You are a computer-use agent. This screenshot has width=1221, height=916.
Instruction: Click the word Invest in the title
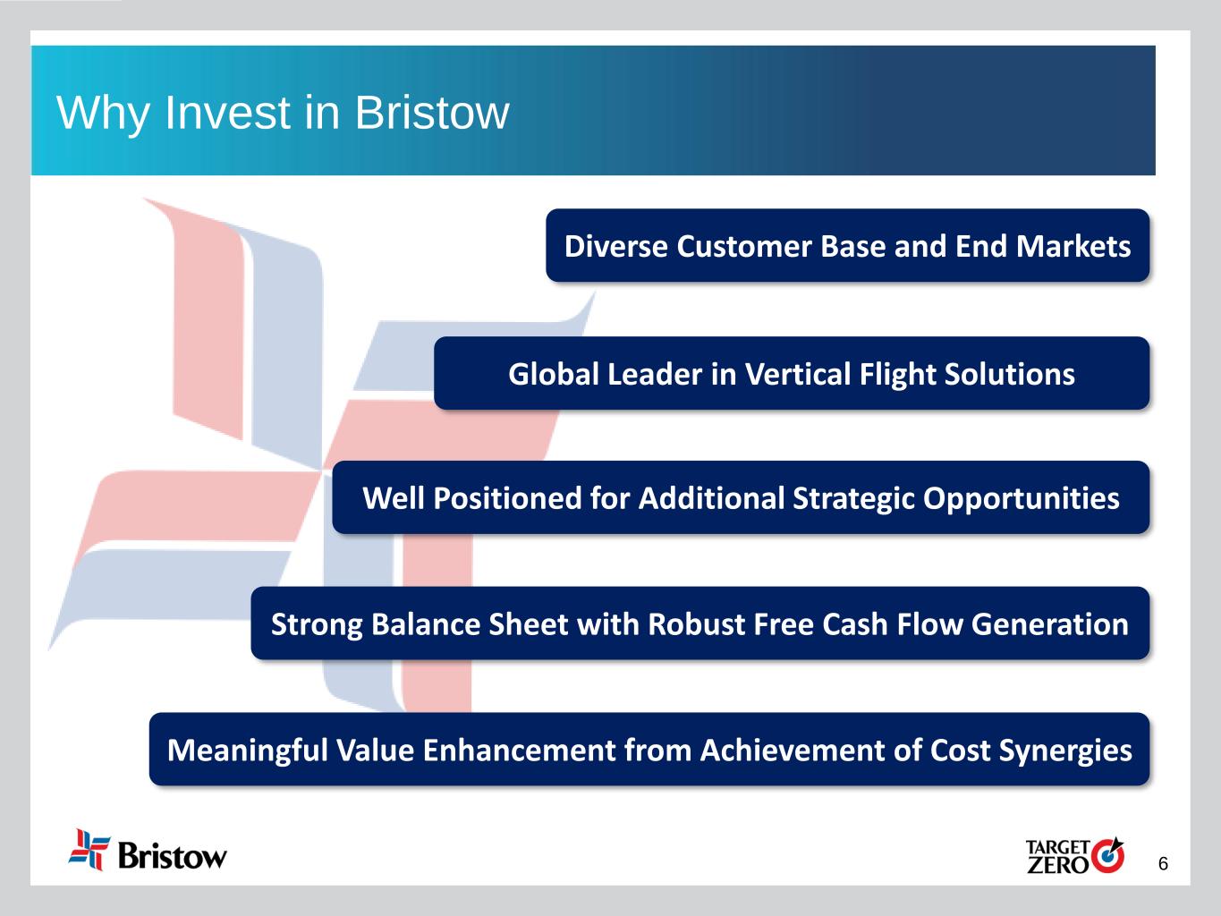click(x=228, y=113)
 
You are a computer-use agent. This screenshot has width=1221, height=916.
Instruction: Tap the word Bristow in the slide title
click(x=432, y=113)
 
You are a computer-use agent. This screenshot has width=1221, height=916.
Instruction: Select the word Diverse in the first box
click(x=615, y=246)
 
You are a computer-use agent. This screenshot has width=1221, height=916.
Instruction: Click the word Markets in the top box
click(x=1073, y=246)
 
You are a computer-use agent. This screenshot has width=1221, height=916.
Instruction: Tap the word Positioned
click(x=507, y=497)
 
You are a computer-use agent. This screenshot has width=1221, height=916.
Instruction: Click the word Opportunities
click(x=1022, y=499)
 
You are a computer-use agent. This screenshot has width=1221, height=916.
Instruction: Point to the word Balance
click(x=425, y=624)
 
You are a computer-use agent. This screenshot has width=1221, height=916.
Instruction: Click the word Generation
click(x=1050, y=624)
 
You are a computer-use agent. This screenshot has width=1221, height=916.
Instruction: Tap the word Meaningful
click(x=248, y=751)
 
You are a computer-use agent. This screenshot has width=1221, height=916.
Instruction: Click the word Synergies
click(x=1065, y=751)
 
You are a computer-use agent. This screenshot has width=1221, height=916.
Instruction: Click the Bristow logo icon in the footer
click(x=89, y=849)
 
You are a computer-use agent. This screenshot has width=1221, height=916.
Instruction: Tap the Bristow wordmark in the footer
click(x=173, y=855)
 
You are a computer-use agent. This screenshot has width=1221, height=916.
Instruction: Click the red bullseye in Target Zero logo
click(x=1107, y=855)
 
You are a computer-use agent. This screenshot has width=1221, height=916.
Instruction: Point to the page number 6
click(x=1163, y=864)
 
